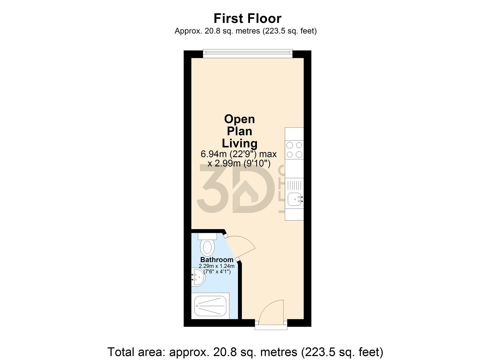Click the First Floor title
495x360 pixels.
coord(247,18)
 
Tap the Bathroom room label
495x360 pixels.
coord(217,260)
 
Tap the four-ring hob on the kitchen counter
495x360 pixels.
coord(294,150)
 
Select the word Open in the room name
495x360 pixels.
coord(239,119)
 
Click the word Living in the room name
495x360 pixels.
coord(239,143)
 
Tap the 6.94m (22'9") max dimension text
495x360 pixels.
coord(239,154)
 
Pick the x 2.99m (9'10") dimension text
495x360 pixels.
coord(239,163)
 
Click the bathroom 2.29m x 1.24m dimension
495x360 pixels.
coord(217,266)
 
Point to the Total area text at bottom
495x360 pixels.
coord(245,352)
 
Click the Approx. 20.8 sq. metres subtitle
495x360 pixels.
coord(245,31)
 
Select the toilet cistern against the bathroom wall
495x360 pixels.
coord(207,236)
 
